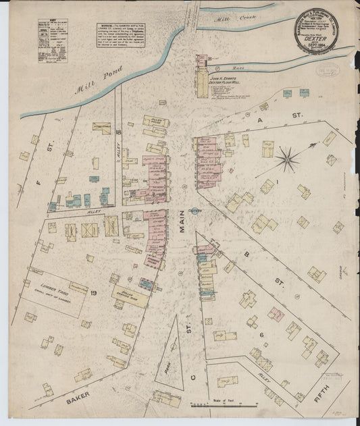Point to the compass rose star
288,160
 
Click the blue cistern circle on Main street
195,211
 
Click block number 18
118,132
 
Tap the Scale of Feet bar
223,405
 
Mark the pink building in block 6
275,314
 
